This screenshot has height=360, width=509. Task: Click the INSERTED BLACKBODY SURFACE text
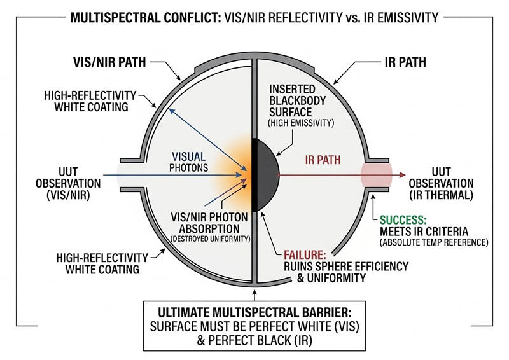(300, 102)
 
